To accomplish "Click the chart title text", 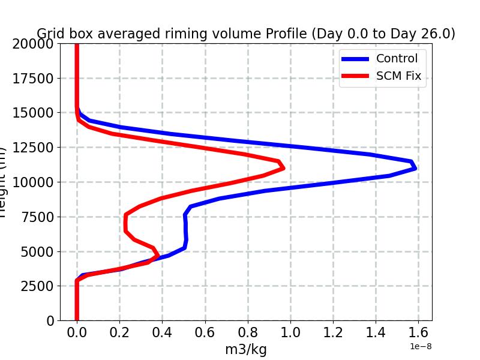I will (246, 34).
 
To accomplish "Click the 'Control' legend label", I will (397, 58).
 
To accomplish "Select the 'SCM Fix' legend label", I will (398, 76).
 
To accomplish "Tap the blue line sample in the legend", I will (355, 58).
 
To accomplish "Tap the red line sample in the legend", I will (355, 76).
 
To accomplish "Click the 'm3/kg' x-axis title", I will (246, 349).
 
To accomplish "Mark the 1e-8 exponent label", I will (421, 346).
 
